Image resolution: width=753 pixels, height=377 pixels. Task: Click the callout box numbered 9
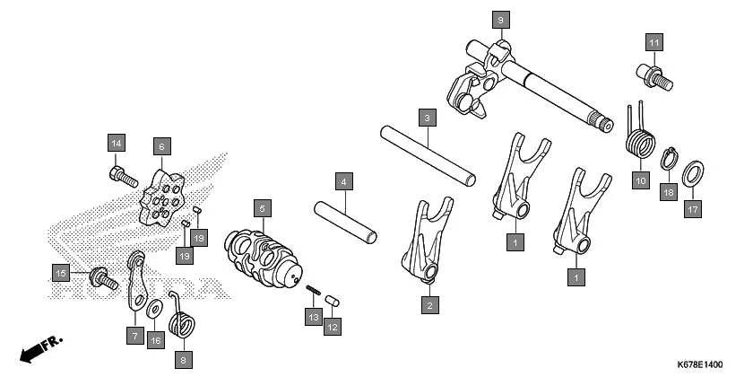500,18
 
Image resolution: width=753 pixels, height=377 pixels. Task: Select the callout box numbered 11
653,42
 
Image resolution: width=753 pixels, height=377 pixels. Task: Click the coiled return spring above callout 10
639,142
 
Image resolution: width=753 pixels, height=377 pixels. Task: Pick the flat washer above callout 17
692,174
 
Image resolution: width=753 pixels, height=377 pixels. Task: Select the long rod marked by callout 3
427,154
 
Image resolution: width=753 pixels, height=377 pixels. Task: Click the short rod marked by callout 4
345,224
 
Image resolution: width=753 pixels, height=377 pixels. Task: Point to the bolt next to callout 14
123,175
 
